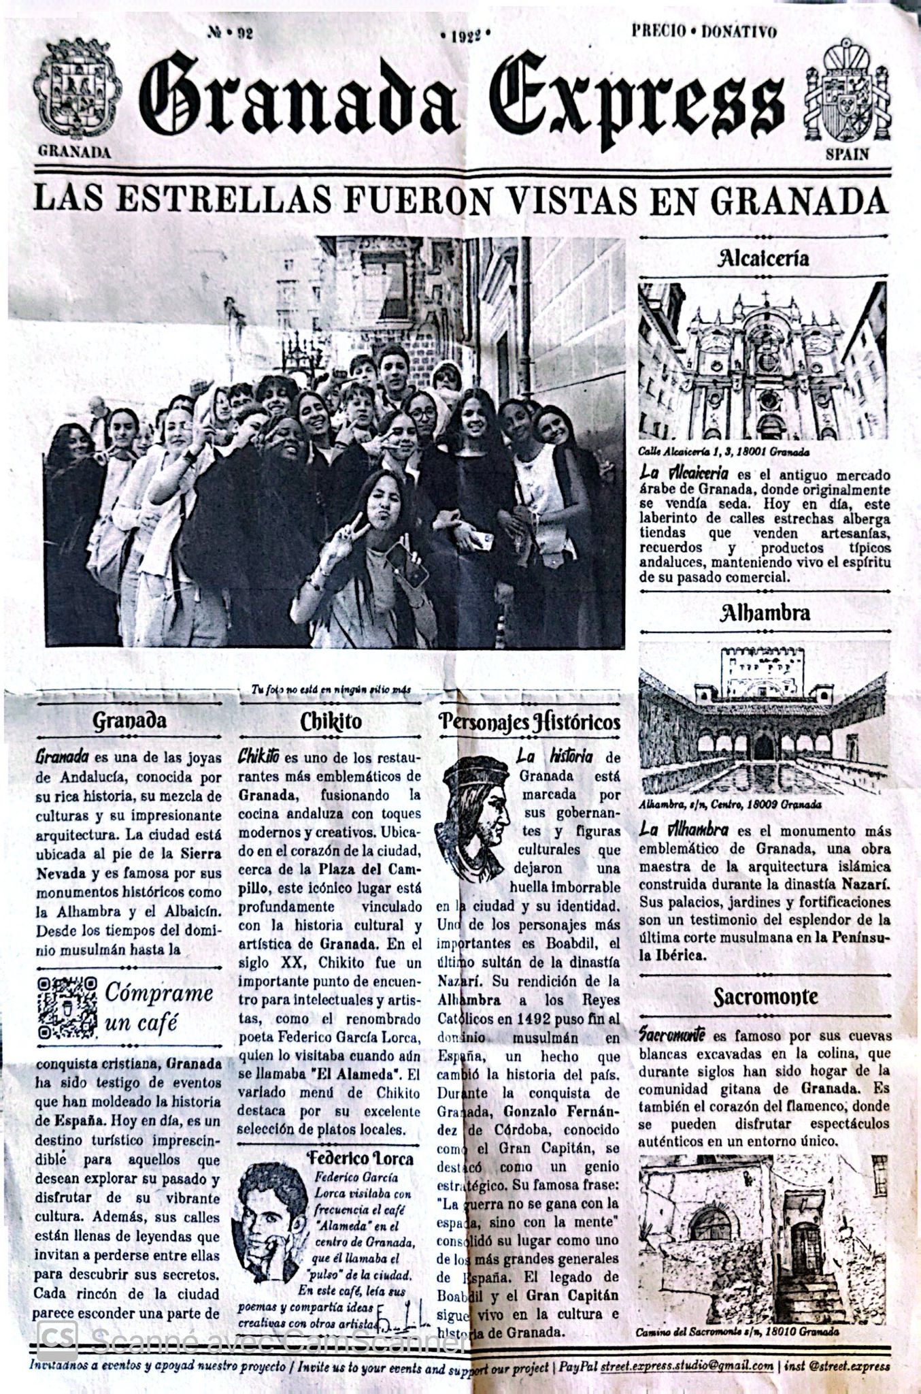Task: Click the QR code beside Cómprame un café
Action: point(67,1007)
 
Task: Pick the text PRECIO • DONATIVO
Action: point(704,31)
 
